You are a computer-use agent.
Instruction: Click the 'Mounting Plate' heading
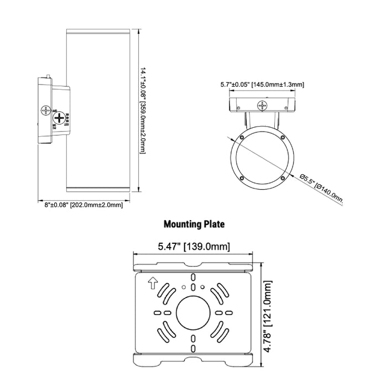193,224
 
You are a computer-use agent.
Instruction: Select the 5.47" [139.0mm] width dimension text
193,247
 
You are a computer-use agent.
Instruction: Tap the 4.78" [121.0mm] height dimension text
269,312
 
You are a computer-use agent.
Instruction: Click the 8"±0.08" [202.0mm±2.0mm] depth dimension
83,205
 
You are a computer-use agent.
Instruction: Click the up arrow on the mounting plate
153,284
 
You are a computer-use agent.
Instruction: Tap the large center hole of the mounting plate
193,312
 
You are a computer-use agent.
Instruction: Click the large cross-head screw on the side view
57,118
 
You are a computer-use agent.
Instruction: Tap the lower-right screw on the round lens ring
283,177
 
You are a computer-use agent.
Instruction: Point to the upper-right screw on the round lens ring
282,137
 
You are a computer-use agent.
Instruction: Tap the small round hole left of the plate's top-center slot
183,286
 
